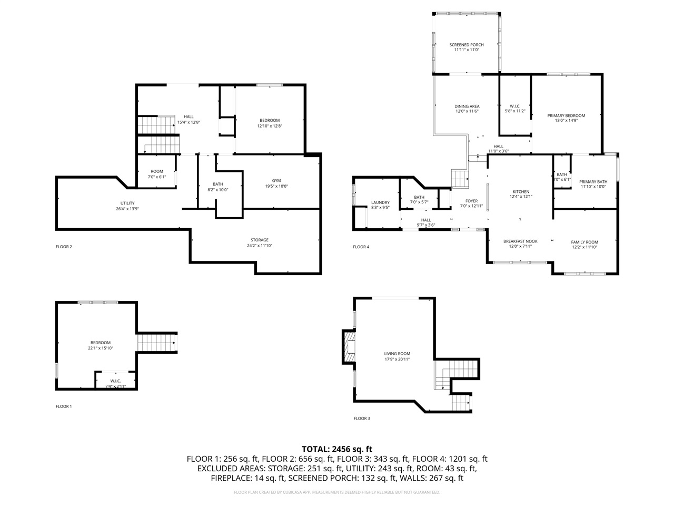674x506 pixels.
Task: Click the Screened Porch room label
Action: (466, 45)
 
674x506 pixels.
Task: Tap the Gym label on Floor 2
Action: (276, 180)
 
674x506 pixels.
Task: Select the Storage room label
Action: (260, 240)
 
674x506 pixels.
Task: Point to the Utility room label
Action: (127, 203)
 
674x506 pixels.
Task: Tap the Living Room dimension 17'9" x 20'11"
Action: (397, 359)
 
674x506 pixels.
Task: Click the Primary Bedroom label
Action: (566, 115)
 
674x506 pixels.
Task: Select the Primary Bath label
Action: (593, 181)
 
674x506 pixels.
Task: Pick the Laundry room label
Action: (380, 202)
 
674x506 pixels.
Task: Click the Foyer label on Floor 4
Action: (471, 201)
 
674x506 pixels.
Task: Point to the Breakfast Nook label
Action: (520, 241)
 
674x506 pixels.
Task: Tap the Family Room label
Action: (584, 242)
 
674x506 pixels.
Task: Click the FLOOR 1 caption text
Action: (64, 406)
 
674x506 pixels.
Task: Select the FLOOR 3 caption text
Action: (361, 419)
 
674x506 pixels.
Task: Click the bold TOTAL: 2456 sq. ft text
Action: (337, 449)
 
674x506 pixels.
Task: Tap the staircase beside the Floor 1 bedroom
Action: (157, 343)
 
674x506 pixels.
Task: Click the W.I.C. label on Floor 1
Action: (115, 381)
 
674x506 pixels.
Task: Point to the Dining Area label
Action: (467, 106)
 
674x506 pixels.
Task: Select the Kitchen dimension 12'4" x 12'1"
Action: (521, 197)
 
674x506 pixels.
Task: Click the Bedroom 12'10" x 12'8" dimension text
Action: (270, 126)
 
